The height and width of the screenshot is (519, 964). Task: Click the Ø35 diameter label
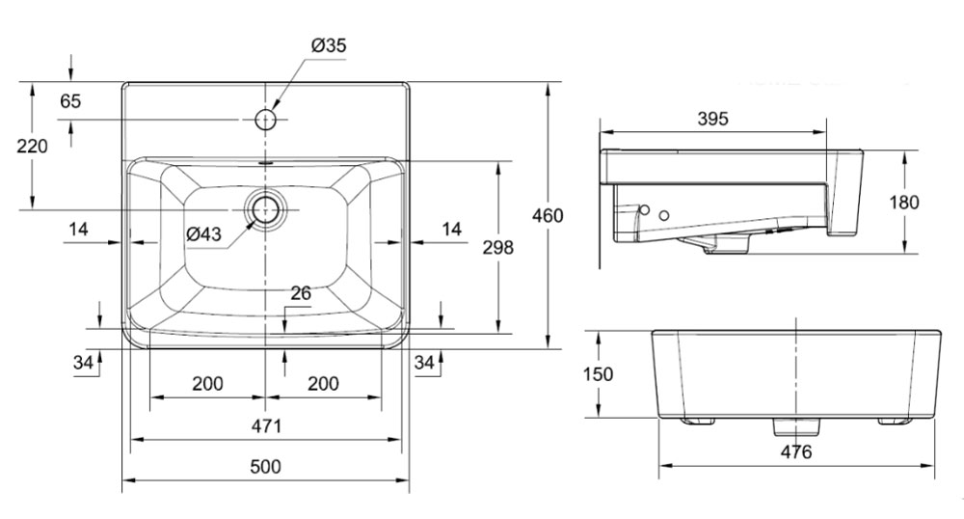[329, 44]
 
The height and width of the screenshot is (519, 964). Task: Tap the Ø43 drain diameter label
[203, 234]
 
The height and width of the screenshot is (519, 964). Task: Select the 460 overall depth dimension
[548, 215]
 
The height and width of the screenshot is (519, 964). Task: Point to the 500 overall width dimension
[265, 467]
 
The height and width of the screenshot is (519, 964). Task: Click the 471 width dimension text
[265, 425]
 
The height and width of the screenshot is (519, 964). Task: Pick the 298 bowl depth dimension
[497, 247]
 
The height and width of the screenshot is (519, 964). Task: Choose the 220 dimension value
[32, 147]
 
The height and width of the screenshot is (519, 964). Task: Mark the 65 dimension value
[70, 101]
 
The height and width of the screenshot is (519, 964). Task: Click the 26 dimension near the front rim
[301, 293]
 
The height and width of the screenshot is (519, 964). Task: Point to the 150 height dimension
[599, 374]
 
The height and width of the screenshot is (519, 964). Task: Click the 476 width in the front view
[796, 451]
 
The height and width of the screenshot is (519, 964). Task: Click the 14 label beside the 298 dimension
[450, 229]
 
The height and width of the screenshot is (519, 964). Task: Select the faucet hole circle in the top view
[265, 120]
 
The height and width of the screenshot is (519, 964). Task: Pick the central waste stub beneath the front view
[796, 424]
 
